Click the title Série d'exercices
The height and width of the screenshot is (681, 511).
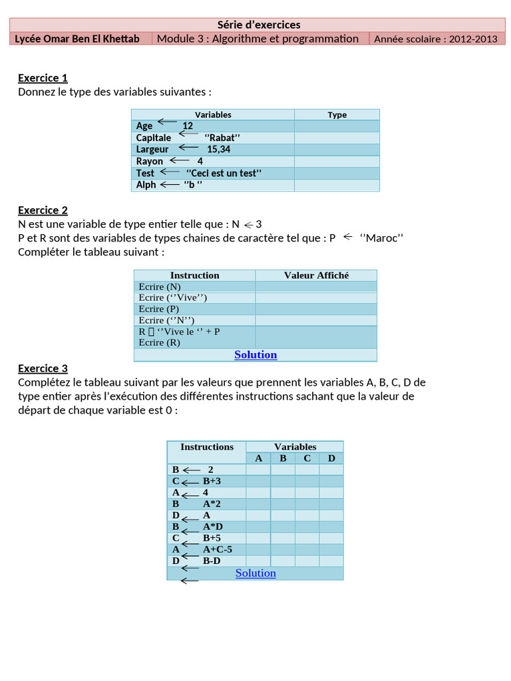click(x=259, y=25)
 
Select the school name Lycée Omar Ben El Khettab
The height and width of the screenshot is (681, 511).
click(x=77, y=39)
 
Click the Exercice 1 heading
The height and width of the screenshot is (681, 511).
click(x=43, y=78)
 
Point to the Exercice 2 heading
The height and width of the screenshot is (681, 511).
click(x=43, y=210)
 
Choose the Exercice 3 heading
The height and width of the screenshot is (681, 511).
click(x=43, y=368)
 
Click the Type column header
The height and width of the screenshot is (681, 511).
click(x=337, y=115)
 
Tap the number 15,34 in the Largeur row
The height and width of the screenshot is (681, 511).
click(x=218, y=150)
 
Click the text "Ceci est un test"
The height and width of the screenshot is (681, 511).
click(x=224, y=173)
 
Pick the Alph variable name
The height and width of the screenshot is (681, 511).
click(x=146, y=185)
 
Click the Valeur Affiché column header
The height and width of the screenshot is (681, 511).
click(x=316, y=275)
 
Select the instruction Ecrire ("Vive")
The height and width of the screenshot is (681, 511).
click(x=173, y=297)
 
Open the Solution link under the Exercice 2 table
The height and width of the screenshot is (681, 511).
click(x=255, y=354)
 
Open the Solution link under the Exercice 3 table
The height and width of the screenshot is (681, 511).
click(x=255, y=573)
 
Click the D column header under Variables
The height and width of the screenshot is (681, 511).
click(x=331, y=458)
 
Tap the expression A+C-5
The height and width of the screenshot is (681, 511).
click(x=218, y=549)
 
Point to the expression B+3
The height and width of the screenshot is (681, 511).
click(x=212, y=481)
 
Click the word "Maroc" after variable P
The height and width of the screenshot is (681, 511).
click(x=382, y=237)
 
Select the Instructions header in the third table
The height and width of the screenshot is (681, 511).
click(x=207, y=447)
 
